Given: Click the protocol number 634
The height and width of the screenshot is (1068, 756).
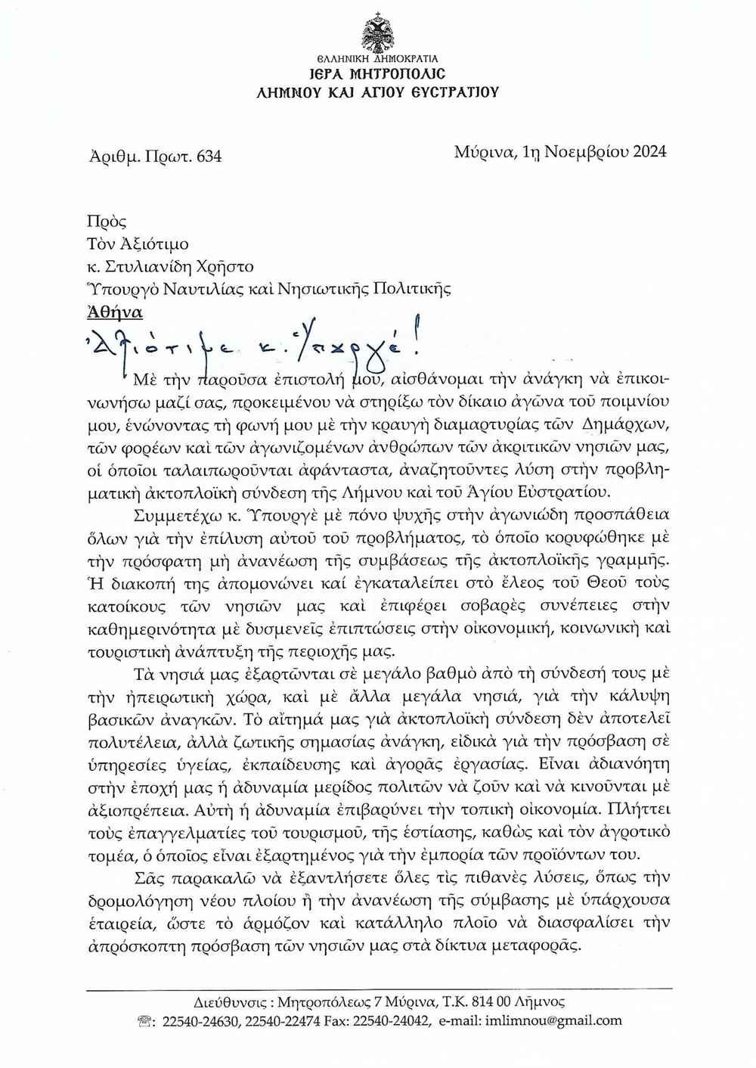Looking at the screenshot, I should (x=209, y=157).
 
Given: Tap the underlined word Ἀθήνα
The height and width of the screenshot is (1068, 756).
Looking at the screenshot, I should (x=115, y=311).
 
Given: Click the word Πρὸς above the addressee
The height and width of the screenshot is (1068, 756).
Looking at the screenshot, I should (x=107, y=222).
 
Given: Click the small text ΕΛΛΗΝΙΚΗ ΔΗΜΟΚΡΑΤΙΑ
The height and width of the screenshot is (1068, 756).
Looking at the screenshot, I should (x=377, y=58).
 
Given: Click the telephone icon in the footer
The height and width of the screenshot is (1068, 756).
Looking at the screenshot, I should (x=144, y=1021).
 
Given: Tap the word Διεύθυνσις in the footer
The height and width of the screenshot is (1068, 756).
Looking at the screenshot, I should (x=230, y=1001).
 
